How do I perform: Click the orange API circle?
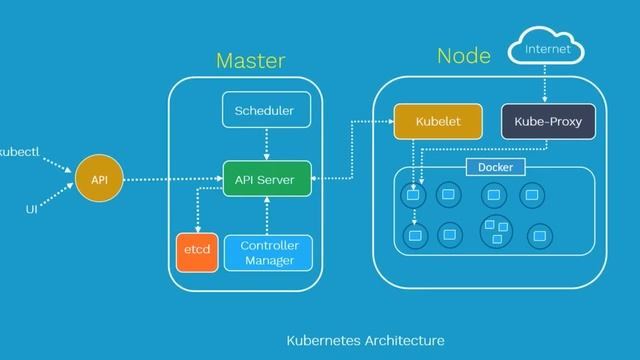[99, 180]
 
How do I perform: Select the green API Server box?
[266, 180]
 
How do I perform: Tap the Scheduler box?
[266, 111]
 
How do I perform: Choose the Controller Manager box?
[269, 253]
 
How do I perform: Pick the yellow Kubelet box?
[438, 121]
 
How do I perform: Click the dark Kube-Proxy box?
[548, 121]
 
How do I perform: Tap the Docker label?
[495, 167]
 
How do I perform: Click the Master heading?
[250, 61]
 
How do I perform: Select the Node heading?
[464, 56]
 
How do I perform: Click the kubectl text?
[19, 153]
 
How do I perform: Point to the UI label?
[31, 211]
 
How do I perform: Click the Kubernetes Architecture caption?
[365, 341]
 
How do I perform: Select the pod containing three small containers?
[495, 231]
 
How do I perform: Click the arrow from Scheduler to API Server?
[266, 145]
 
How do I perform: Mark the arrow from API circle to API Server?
[170, 181]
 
